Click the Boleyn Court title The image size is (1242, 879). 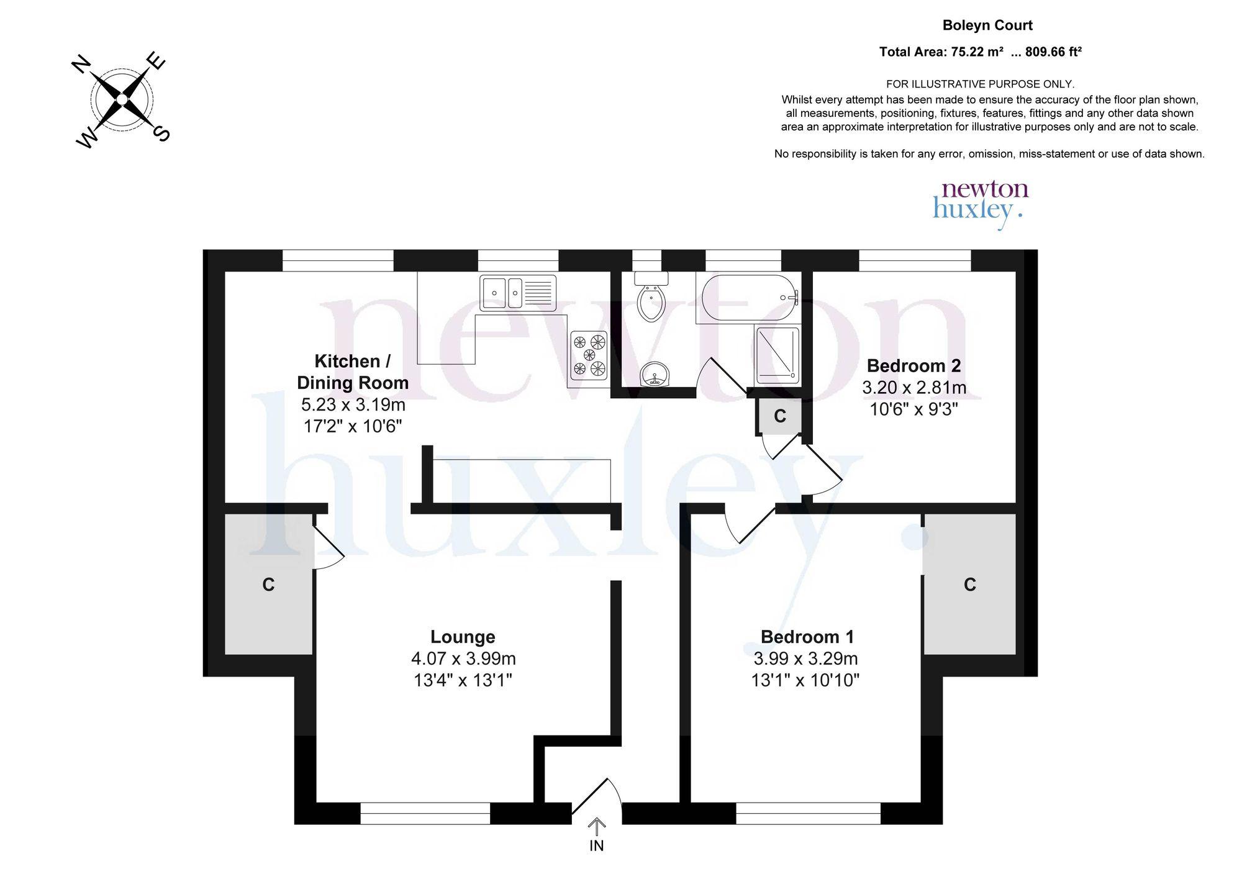tap(987, 25)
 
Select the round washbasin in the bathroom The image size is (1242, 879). tap(653, 374)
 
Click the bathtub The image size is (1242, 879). tap(748, 298)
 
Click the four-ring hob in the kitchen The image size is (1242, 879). tap(589, 356)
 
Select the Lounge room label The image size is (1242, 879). tap(463, 637)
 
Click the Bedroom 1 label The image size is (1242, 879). tap(807, 637)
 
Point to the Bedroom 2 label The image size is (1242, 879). tap(913, 365)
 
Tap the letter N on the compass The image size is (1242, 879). tap(82, 65)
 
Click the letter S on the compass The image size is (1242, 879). tap(161, 133)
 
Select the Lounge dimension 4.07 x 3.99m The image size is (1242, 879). tap(463, 658)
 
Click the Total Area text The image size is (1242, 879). tap(981, 52)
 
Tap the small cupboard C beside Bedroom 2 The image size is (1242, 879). tap(780, 416)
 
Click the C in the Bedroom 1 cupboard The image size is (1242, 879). tap(970, 585)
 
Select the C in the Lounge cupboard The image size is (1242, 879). tap(268, 585)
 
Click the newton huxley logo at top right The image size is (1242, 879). tap(981, 204)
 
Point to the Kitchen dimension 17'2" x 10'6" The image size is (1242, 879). tap(353, 427)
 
